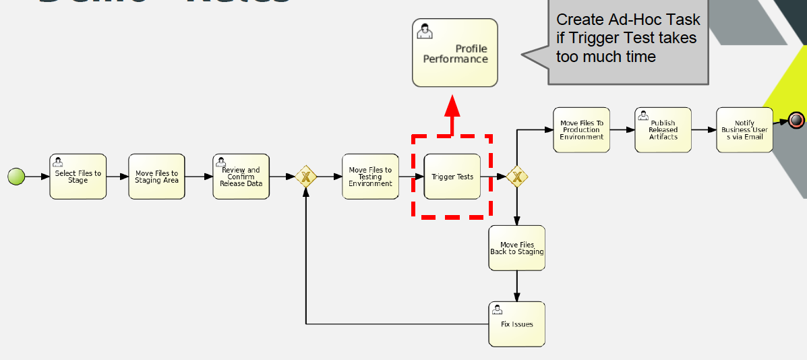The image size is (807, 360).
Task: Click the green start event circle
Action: [x=16, y=177]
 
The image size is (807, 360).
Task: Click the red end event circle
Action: [x=796, y=120]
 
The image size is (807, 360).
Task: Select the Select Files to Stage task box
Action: [x=78, y=177]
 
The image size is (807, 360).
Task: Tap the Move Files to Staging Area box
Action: [x=156, y=177]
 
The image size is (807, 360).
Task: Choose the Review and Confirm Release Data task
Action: [x=241, y=177]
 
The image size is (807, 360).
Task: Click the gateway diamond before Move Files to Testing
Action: [x=305, y=177]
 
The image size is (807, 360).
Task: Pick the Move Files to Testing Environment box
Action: [x=370, y=177]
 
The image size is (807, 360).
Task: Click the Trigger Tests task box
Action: [x=452, y=177]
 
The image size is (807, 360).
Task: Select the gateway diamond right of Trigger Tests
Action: [x=517, y=177]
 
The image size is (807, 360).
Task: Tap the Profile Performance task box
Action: [x=455, y=53]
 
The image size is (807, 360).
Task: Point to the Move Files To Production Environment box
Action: [x=581, y=129]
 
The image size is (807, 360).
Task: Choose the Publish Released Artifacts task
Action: [x=663, y=129]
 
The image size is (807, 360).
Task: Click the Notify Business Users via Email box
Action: [x=744, y=129]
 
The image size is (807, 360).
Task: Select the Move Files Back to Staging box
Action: [x=516, y=248]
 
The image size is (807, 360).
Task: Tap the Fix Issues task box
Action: [x=516, y=324]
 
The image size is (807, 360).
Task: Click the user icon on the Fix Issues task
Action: [x=497, y=309]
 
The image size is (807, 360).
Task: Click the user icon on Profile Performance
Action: [x=425, y=31]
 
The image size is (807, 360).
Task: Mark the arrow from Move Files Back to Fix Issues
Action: [x=517, y=286]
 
